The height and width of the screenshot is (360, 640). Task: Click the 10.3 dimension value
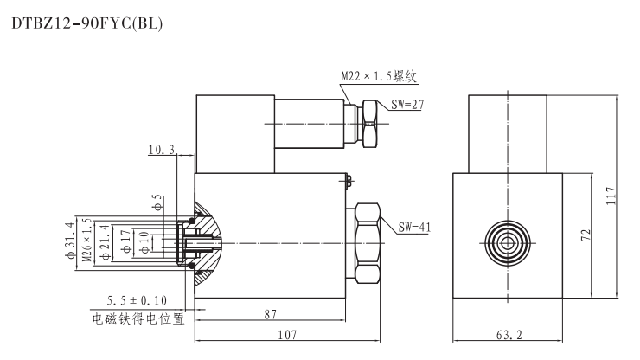[x=162, y=150]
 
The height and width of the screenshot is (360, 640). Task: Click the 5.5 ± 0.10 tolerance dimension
[x=137, y=300]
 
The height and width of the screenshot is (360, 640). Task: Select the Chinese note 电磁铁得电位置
[x=138, y=318]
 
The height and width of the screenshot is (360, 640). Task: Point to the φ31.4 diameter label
[x=72, y=243]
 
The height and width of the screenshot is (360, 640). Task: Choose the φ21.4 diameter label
[x=105, y=243]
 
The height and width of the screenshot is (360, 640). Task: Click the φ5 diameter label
[x=157, y=204]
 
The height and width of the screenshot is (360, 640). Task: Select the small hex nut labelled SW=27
[x=369, y=123]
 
